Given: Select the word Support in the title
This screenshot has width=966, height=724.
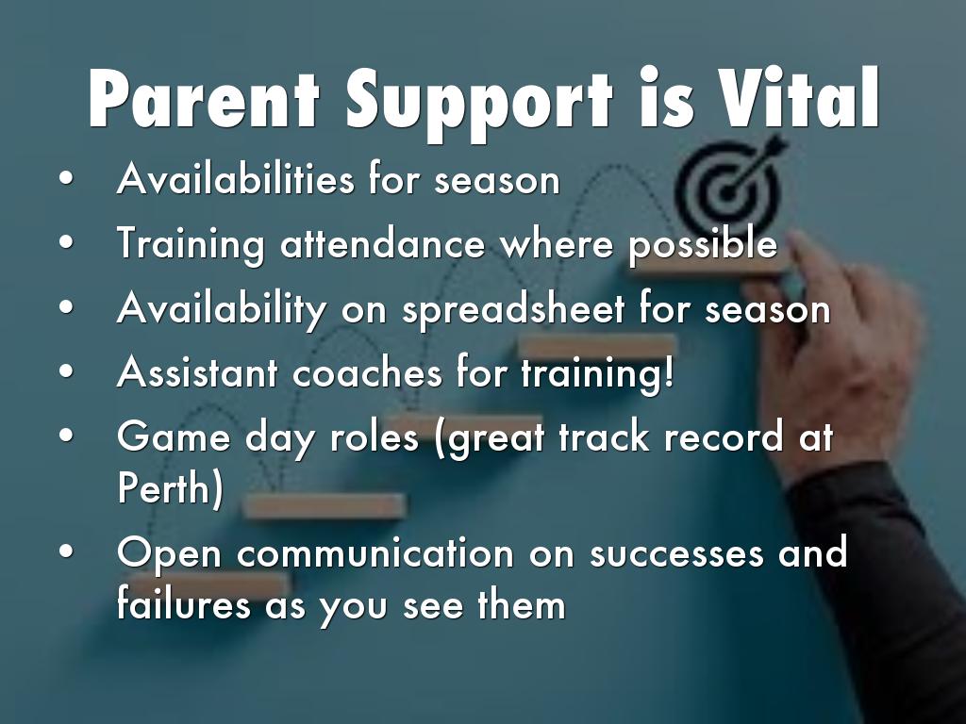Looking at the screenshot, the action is [478, 105].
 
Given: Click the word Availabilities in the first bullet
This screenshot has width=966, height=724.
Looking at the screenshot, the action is [235, 178].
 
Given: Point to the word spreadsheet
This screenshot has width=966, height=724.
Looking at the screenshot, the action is [512, 309].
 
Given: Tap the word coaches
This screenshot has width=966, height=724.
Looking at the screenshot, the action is [367, 373].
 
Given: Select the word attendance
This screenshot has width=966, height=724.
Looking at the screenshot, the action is [383, 244].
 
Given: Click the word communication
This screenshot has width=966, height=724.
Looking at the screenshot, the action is [375, 552].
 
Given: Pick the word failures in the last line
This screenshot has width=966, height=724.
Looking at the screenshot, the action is [183, 603].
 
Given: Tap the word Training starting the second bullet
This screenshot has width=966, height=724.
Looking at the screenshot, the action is [191, 245].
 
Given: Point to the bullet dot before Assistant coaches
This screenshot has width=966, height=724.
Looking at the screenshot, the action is [67, 371].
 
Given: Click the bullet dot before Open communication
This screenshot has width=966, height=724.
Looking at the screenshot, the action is [67, 551].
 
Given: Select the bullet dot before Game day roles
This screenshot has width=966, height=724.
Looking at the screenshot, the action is [67, 436].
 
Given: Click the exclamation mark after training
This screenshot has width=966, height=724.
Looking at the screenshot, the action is [670, 371].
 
